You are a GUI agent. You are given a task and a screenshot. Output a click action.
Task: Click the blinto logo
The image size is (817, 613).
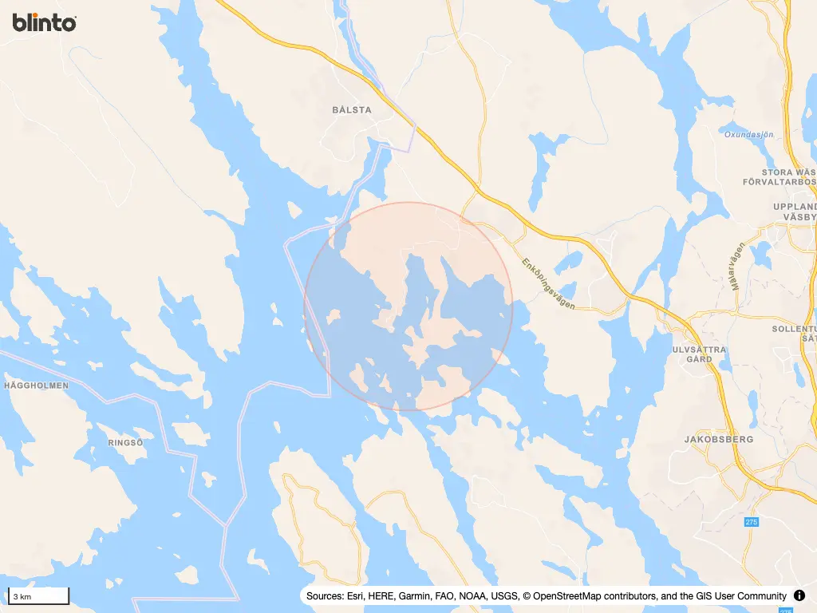45,22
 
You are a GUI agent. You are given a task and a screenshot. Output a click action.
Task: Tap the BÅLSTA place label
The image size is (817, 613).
352,110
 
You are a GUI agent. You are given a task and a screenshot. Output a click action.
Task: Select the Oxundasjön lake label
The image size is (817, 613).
749,134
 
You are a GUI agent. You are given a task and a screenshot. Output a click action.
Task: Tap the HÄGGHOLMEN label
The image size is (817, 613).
36,385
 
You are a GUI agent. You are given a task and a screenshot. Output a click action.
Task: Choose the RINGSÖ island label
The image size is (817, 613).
125,441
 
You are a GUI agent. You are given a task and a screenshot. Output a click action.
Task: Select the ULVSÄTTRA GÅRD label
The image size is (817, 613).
700,354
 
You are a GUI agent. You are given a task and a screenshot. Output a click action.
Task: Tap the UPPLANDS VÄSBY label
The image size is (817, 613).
795,212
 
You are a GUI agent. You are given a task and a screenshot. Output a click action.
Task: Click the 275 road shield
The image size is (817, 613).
751,522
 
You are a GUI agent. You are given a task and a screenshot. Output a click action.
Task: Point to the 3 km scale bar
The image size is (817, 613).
38,596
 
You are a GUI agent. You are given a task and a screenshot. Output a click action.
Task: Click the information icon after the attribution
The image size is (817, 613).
799,596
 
